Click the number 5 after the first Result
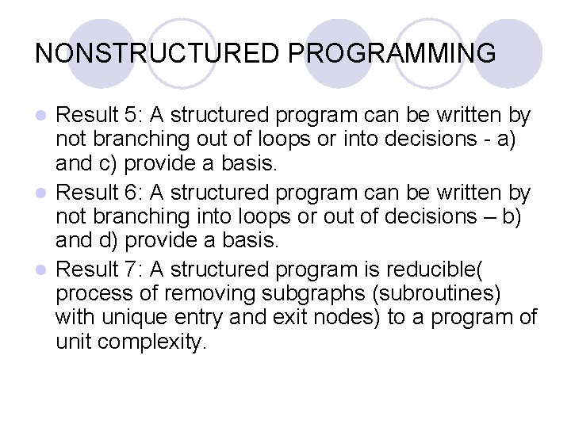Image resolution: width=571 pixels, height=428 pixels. [132, 115]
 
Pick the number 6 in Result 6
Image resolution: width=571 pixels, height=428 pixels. [132, 192]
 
